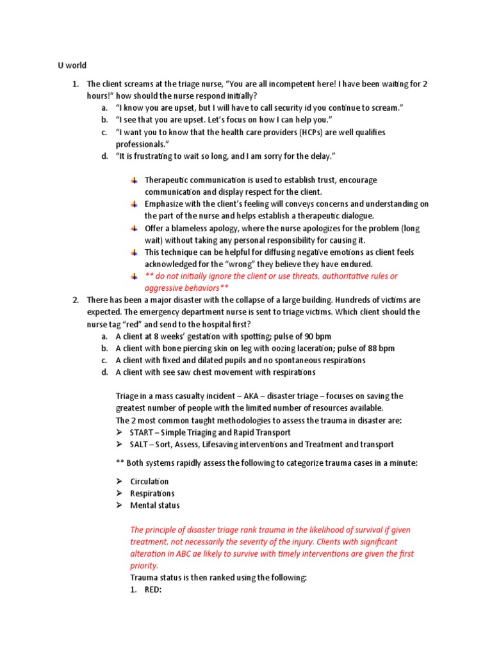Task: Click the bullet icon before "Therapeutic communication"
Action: coord(134,180)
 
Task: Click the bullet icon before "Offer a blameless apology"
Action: coord(134,228)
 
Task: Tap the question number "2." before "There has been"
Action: coord(75,300)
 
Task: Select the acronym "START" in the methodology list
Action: coord(142,432)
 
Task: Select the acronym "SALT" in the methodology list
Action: coord(140,445)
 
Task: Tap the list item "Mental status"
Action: coord(154,505)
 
